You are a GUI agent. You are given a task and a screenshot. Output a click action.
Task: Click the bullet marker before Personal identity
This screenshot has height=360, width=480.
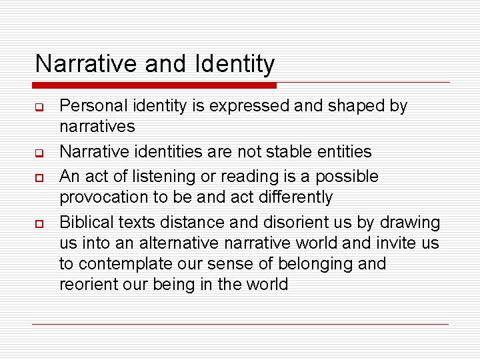[x=40, y=107]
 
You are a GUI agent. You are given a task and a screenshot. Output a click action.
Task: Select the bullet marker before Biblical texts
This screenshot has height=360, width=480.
[x=40, y=223]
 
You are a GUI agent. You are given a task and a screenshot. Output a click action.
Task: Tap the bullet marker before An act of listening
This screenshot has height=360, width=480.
[x=40, y=177]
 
